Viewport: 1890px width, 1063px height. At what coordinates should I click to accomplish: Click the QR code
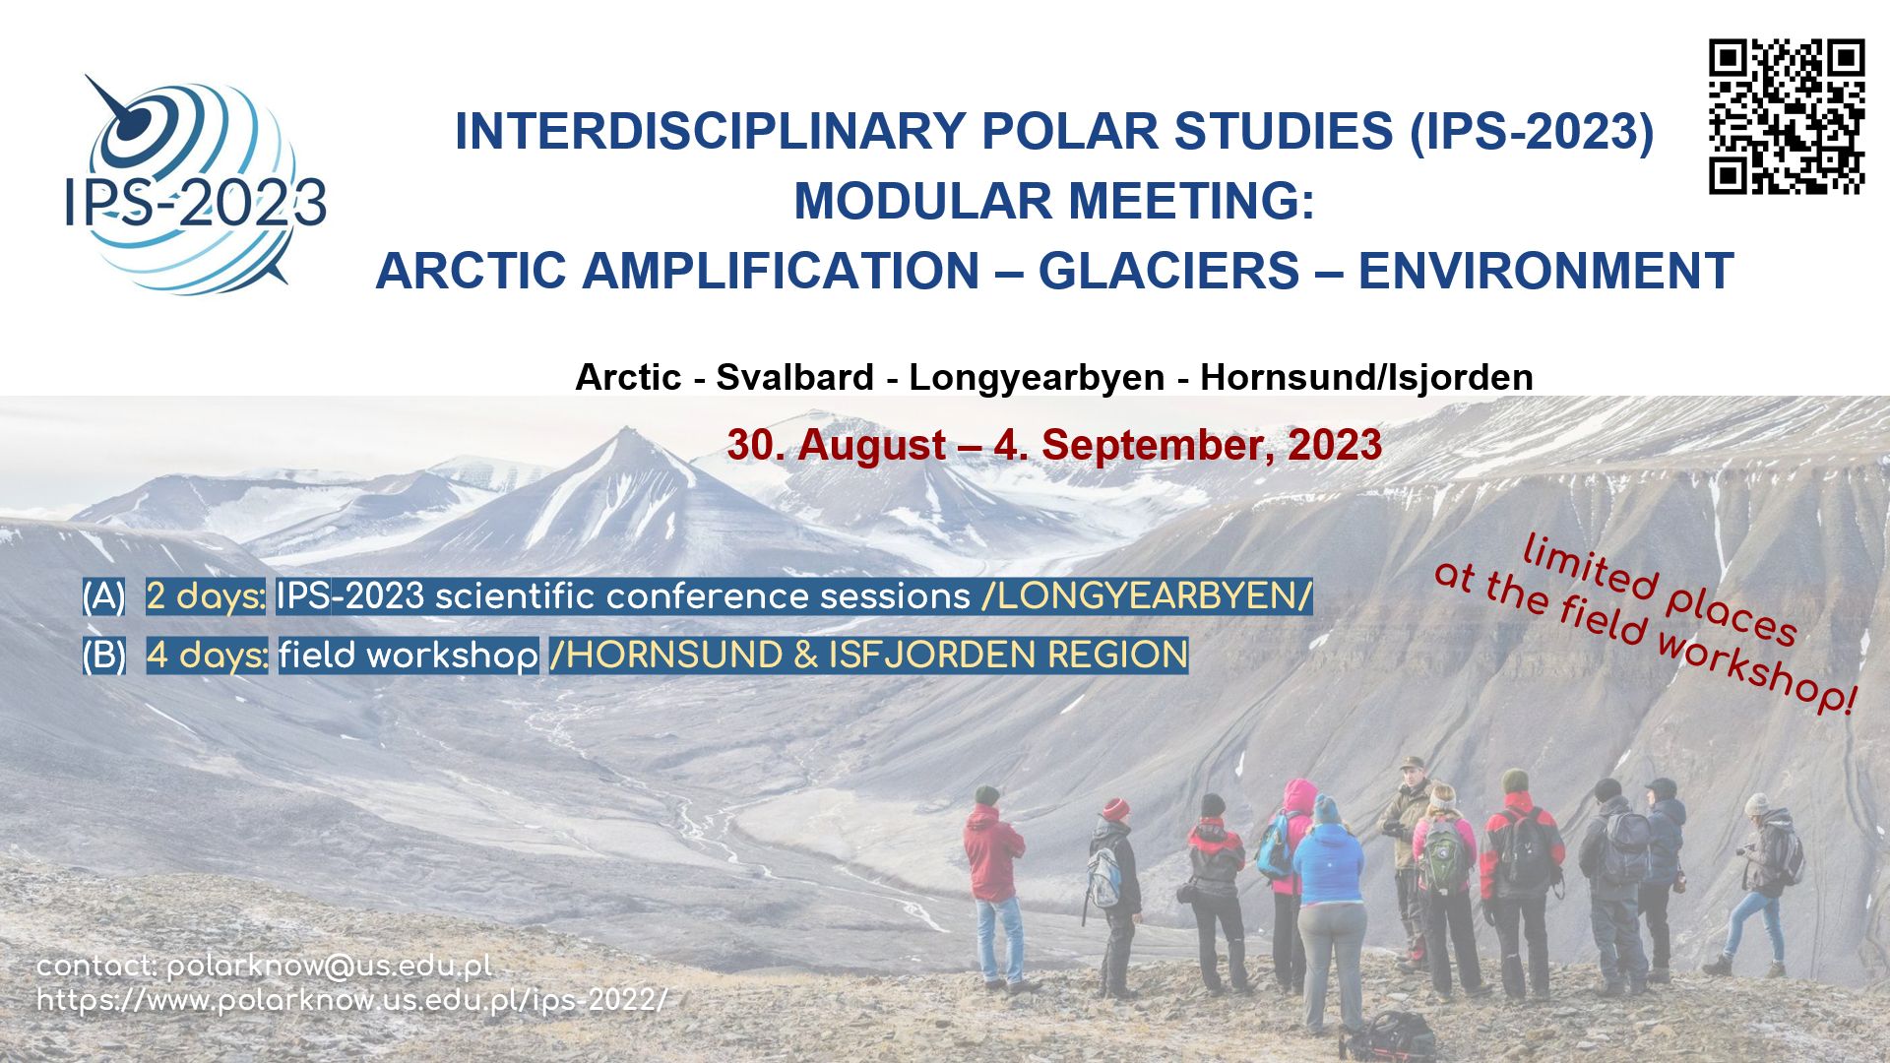(1787, 116)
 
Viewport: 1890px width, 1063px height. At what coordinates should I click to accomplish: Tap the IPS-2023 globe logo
(195, 184)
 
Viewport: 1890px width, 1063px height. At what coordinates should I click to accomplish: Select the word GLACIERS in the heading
(1168, 271)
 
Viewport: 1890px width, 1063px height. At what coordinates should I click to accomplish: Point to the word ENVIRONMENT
(1545, 271)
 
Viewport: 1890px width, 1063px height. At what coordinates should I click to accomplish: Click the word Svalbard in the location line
(794, 377)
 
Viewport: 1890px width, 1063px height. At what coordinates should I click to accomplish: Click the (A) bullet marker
(103, 596)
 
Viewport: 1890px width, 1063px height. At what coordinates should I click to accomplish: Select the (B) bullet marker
(103, 656)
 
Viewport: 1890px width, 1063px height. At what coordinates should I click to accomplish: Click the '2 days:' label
(206, 596)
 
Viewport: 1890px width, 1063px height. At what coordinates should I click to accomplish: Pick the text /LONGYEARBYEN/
(1147, 596)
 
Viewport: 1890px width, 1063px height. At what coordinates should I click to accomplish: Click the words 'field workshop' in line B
(408, 656)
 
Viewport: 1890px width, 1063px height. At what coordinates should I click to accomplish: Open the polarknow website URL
(352, 1001)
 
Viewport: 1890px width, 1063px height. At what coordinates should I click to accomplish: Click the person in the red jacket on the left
(995, 886)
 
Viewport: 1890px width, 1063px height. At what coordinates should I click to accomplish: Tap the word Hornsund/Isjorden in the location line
(1366, 377)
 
